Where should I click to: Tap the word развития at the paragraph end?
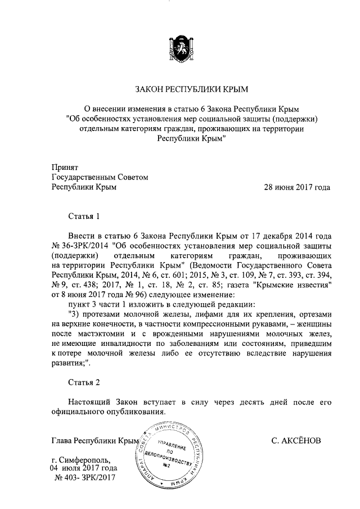coord(71,363)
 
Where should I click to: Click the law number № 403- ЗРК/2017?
coord(84,478)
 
